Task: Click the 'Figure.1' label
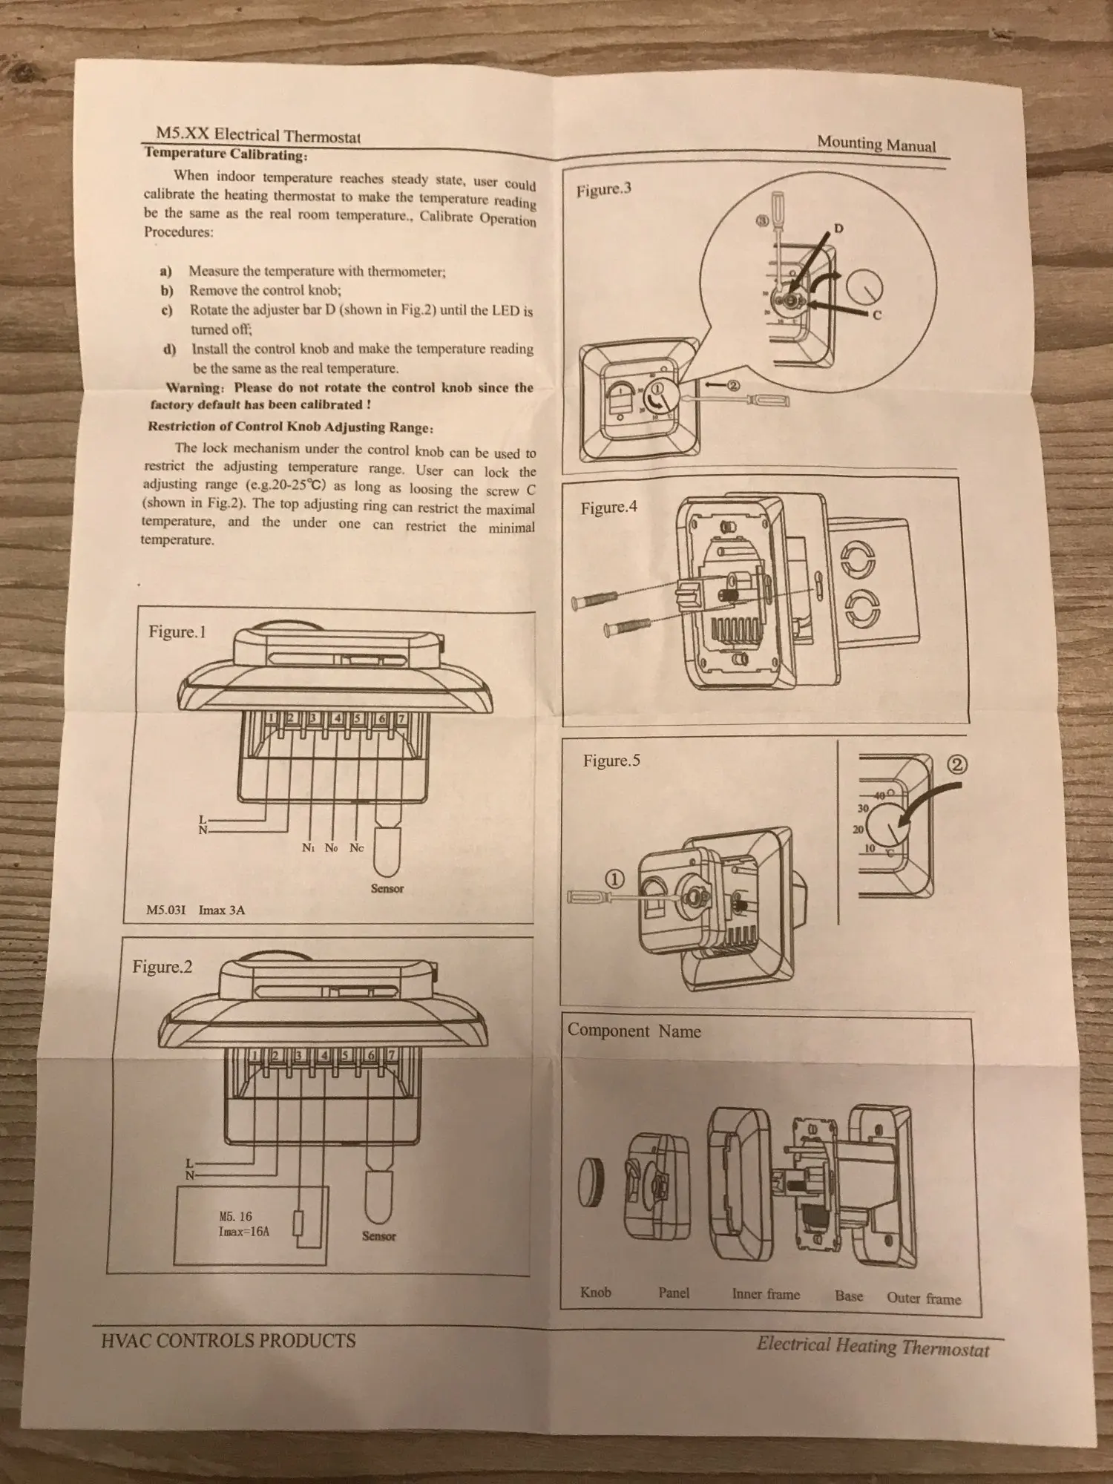point(177,632)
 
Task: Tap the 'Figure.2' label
point(162,967)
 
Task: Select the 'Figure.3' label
point(603,189)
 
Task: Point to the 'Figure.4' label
point(608,508)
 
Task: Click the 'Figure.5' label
point(611,761)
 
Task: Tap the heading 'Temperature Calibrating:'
point(225,154)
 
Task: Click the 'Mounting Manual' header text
point(876,144)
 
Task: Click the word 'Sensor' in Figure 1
point(387,888)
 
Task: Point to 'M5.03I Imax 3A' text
point(196,910)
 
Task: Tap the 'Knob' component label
point(596,1292)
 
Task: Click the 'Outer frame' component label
point(924,1298)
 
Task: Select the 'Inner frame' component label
point(766,1294)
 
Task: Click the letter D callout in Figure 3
point(839,229)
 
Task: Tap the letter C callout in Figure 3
point(876,315)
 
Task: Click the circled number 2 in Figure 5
point(958,764)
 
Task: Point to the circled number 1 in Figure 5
point(616,879)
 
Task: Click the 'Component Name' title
point(634,1031)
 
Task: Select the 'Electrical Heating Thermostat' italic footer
point(873,1345)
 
